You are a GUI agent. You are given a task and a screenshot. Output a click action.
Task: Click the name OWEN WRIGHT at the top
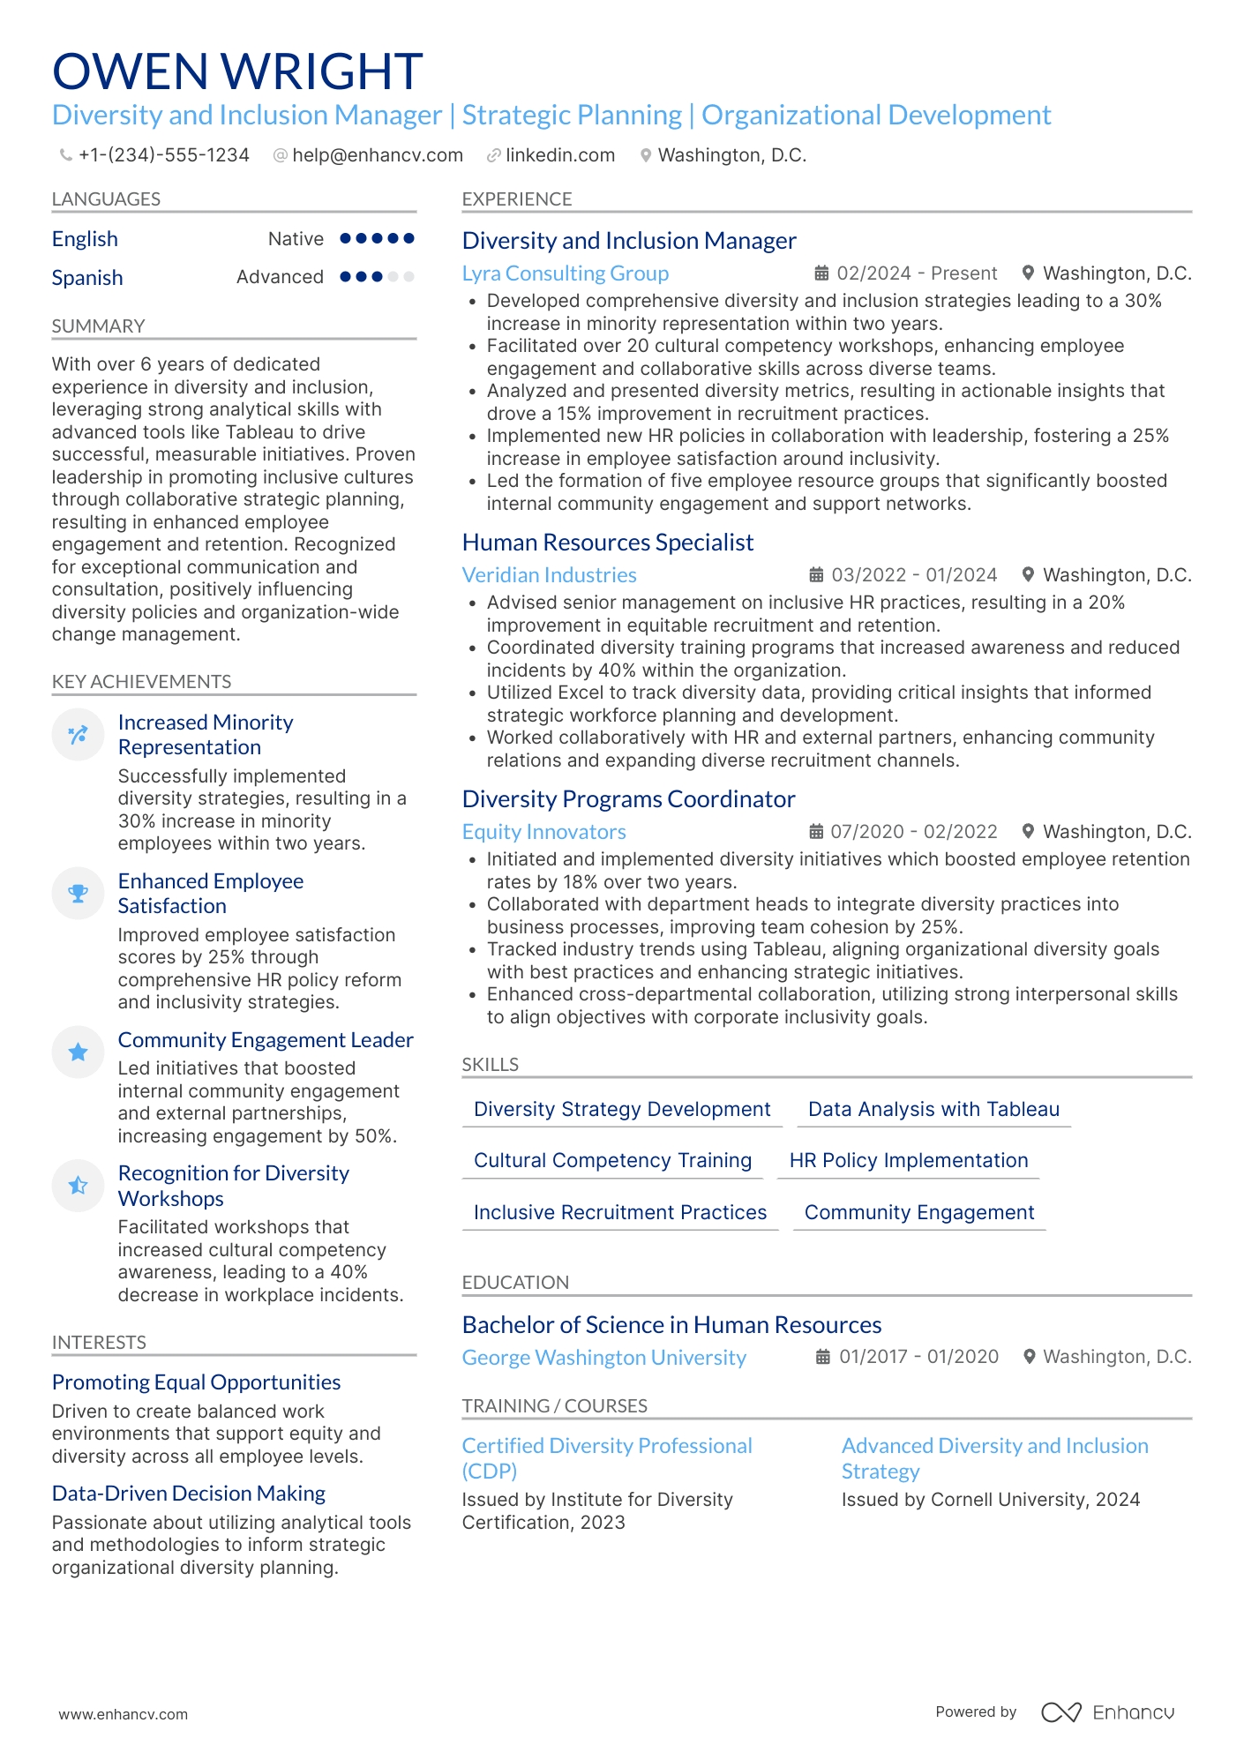click(237, 71)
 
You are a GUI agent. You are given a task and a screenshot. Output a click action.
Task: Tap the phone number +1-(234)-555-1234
click(163, 155)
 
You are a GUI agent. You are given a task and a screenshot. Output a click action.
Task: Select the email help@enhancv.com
click(377, 155)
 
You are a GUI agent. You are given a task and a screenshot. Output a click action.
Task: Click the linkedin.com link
click(559, 155)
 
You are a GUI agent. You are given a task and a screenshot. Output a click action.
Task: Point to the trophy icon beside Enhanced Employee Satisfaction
click(79, 894)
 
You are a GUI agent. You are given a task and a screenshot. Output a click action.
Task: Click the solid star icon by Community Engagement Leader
click(79, 1052)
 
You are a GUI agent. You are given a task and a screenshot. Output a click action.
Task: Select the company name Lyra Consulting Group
click(565, 273)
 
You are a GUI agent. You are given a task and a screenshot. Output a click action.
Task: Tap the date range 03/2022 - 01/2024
click(913, 575)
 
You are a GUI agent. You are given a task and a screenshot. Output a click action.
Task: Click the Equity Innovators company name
click(543, 832)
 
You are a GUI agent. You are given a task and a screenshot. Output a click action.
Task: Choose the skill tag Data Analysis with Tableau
click(933, 1110)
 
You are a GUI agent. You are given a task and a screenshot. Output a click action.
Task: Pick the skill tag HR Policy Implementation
click(908, 1161)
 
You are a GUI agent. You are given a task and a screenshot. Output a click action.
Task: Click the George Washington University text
click(603, 1358)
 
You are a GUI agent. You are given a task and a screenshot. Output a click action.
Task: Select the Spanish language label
click(87, 278)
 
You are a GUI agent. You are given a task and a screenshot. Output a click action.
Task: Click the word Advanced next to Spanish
click(280, 277)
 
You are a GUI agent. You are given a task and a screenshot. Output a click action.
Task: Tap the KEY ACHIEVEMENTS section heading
click(141, 682)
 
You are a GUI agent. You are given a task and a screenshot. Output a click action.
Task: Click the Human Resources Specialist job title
click(607, 543)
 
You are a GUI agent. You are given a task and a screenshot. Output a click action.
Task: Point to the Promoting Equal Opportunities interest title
click(196, 1382)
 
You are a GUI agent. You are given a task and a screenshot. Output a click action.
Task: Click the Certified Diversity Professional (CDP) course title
click(606, 1458)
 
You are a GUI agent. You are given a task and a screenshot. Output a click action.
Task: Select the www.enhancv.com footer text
click(124, 1714)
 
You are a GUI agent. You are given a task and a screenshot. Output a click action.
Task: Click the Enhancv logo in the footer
click(1107, 1712)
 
